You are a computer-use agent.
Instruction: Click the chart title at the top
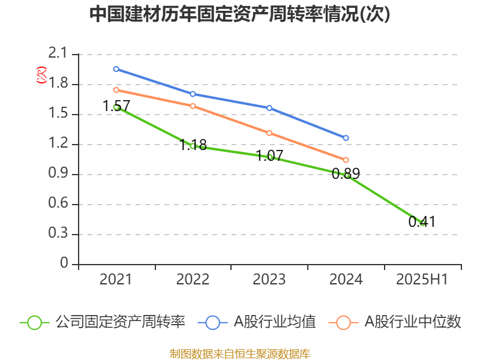click(239, 14)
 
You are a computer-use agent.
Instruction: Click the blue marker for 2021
click(116, 69)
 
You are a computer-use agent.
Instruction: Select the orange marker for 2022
click(193, 106)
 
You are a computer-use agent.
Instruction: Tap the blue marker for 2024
click(346, 138)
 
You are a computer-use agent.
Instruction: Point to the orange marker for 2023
click(269, 133)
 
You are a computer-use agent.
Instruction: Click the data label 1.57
click(116, 106)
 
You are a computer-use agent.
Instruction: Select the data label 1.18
click(193, 145)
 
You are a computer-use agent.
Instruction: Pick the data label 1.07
click(269, 156)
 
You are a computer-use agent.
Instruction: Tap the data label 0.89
click(346, 174)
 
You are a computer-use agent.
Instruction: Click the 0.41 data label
click(422, 221)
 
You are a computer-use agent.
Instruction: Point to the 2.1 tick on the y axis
click(58, 53)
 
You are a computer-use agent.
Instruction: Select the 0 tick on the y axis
click(64, 263)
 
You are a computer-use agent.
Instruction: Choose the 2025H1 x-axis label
click(422, 279)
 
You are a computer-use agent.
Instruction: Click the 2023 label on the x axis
click(269, 279)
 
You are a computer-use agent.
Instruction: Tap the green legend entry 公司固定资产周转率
click(103, 322)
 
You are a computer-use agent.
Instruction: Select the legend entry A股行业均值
click(257, 322)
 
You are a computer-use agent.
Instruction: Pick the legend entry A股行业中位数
click(395, 322)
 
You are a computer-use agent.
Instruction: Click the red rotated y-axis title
click(41, 75)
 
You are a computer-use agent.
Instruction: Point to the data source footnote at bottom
click(240, 353)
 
